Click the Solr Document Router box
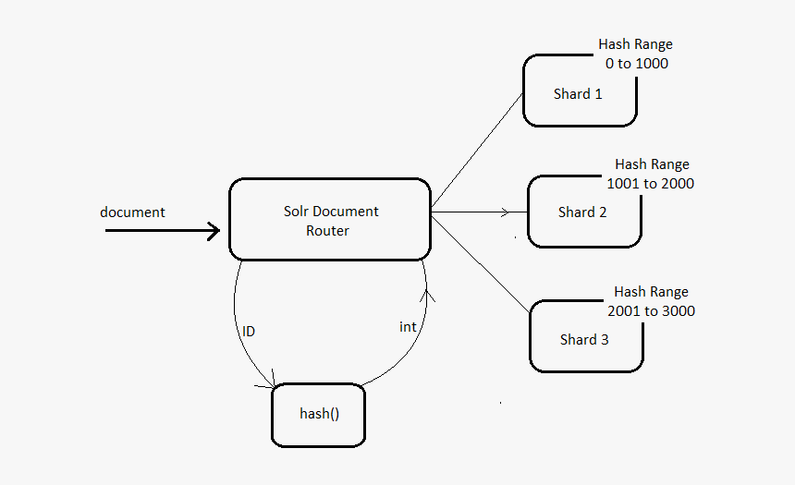(329, 219)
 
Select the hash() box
(319, 414)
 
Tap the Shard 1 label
(578, 94)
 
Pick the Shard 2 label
(582, 212)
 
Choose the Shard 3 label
(584, 340)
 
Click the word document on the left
(132, 212)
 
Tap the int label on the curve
(408, 327)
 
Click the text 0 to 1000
(636, 64)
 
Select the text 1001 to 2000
(650, 184)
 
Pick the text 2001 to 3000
(651, 311)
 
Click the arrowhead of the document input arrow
(214, 230)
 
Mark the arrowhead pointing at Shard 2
(505, 212)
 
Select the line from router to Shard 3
(481, 262)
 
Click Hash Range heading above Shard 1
(635, 44)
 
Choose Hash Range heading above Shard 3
(651, 292)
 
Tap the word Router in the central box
(327, 231)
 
